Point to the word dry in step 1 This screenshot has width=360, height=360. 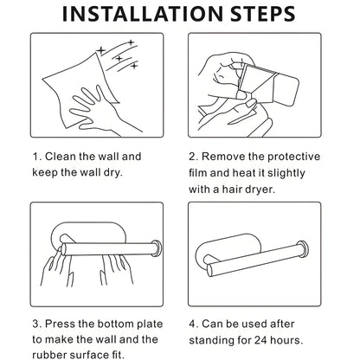point(134,171)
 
